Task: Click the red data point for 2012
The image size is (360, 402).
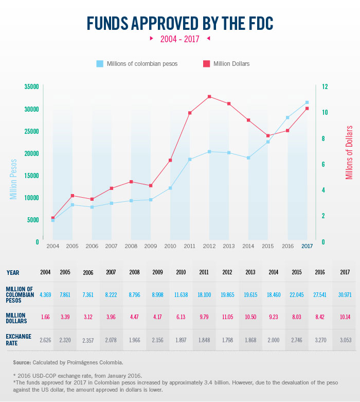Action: [x=209, y=97]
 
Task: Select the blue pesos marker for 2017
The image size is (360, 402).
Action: [x=307, y=102]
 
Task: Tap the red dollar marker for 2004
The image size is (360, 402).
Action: [x=53, y=218]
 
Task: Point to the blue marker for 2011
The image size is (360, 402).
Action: [x=190, y=160]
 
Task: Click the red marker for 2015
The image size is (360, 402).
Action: [x=268, y=136]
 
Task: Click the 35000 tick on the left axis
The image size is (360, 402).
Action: [x=31, y=87]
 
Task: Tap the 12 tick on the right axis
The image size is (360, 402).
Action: [x=325, y=87]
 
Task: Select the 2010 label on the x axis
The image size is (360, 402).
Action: [x=170, y=246]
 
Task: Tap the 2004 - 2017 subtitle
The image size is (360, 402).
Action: [x=179, y=39]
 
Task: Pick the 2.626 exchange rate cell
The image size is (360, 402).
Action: [x=45, y=341]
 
